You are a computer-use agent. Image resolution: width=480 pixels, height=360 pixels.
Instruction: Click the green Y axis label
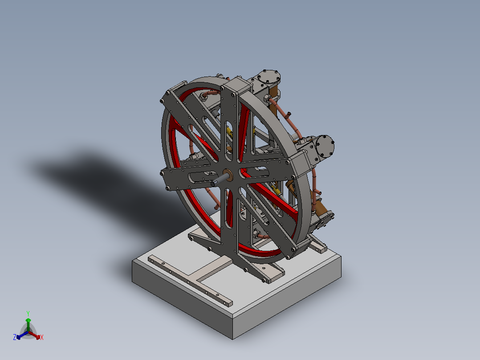(28, 313)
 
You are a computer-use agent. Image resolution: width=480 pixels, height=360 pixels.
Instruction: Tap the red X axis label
(42, 338)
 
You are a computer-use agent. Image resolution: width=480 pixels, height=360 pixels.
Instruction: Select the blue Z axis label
(15, 337)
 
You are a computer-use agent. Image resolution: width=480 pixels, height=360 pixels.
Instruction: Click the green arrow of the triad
(28, 323)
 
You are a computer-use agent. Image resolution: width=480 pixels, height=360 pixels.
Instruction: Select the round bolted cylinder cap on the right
(325, 146)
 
